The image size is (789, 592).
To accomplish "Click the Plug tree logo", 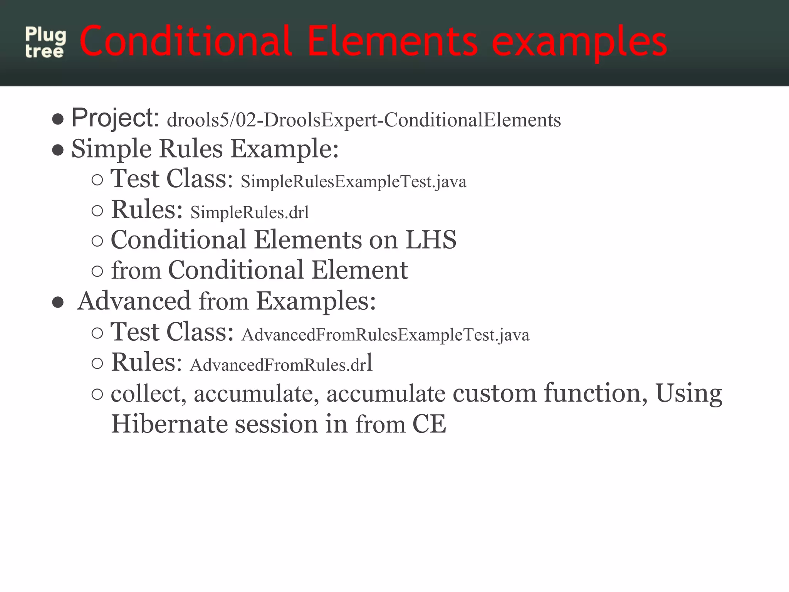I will (x=45, y=43).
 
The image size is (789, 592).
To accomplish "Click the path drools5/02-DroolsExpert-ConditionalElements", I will (x=364, y=120).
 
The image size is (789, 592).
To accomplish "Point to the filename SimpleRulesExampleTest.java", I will (x=353, y=182).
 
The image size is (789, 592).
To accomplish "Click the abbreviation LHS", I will (x=431, y=240).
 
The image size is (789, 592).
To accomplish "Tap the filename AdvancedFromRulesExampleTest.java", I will (x=385, y=335).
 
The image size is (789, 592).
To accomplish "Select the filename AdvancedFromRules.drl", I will (x=281, y=364).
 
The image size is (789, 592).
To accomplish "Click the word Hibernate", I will (x=170, y=424).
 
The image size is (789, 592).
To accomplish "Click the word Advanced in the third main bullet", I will (x=134, y=301).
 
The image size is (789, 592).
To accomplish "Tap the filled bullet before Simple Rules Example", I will (x=58, y=150).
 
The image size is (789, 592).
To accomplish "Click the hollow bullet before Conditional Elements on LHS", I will (x=97, y=241).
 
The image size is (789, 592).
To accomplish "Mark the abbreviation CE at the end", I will (x=429, y=424).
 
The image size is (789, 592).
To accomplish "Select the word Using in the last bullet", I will (x=688, y=394).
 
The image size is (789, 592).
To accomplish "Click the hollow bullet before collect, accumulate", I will (x=97, y=394).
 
